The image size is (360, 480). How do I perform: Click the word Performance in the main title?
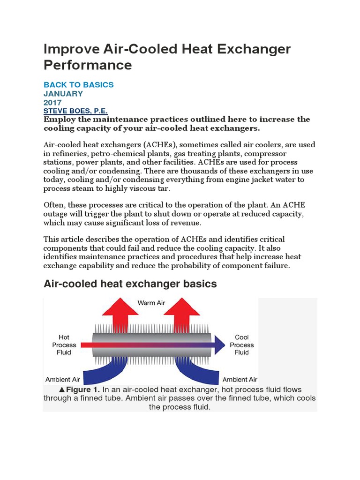click(x=88, y=65)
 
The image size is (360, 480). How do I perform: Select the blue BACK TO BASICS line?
click(x=78, y=85)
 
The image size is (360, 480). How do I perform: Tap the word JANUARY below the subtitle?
click(x=63, y=93)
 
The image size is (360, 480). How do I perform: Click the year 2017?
click(x=52, y=102)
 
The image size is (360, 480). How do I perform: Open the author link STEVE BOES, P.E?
click(x=75, y=111)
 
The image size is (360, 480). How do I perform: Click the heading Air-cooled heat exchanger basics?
click(x=130, y=284)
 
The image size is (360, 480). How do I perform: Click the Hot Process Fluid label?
click(x=64, y=345)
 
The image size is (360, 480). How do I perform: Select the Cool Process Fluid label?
click(x=242, y=345)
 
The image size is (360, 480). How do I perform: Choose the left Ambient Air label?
click(x=62, y=379)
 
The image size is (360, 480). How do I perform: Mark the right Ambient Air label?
click(x=240, y=379)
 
